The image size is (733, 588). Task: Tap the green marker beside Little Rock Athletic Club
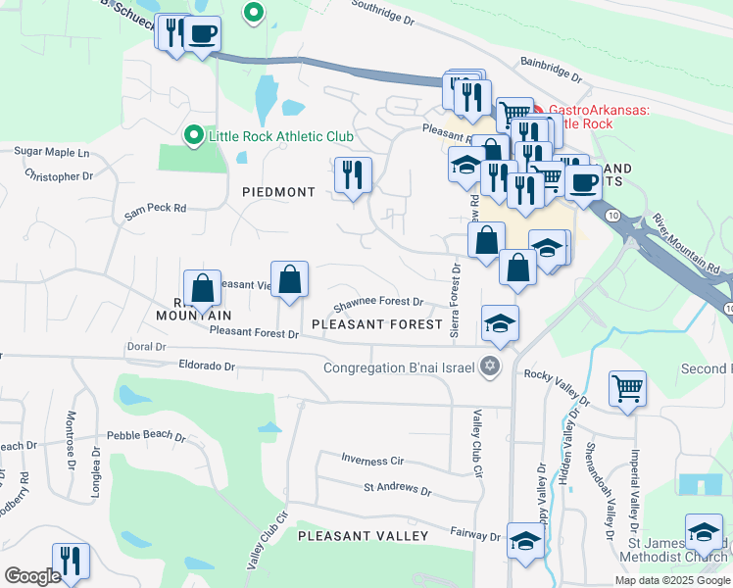coord(194,135)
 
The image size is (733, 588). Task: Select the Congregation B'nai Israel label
coord(401,368)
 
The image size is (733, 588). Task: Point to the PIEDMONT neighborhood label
coord(278,192)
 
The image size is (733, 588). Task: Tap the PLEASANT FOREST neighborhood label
coord(371,322)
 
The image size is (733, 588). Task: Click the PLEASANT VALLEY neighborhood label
coord(363,536)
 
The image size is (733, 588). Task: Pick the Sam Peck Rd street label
coord(155,209)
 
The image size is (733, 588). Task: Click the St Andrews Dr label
coord(397,488)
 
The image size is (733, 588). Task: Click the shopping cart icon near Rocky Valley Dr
coord(626,387)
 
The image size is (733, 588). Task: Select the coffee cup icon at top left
coord(203,34)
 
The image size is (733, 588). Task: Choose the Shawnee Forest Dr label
coord(379,303)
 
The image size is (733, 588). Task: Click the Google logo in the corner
coord(32,576)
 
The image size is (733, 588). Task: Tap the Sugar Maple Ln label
coord(51,153)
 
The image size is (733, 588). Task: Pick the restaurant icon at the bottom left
coord(70,562)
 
